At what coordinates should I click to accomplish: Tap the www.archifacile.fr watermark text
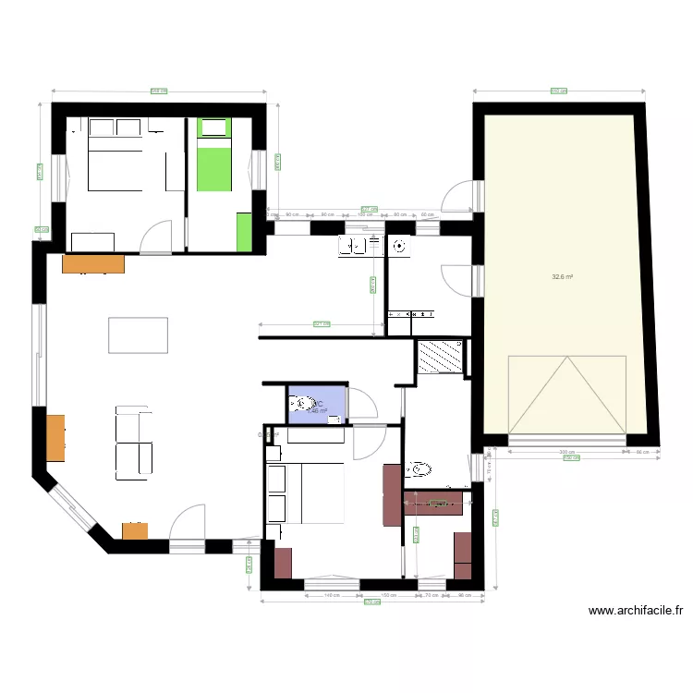coord(636,611)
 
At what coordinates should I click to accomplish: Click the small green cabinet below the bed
coord(244,231)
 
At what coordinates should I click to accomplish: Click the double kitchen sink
coord(360,245)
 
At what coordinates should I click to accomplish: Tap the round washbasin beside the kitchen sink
coord(399,246)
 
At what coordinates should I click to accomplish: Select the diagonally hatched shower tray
coord(440,358)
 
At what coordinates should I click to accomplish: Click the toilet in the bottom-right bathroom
coord(418,469)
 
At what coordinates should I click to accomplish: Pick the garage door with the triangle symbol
coord(567,395)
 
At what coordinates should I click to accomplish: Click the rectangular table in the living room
coord(138,334)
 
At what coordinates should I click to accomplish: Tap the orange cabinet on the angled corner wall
coord(135,531)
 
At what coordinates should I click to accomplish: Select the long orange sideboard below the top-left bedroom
coord(92,264)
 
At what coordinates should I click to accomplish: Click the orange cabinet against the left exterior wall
coord(55,437)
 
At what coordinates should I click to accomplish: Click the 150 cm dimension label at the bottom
coord(388,596)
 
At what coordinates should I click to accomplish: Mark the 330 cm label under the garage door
coord(565,452)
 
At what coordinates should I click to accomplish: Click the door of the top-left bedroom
coord(156,237)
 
